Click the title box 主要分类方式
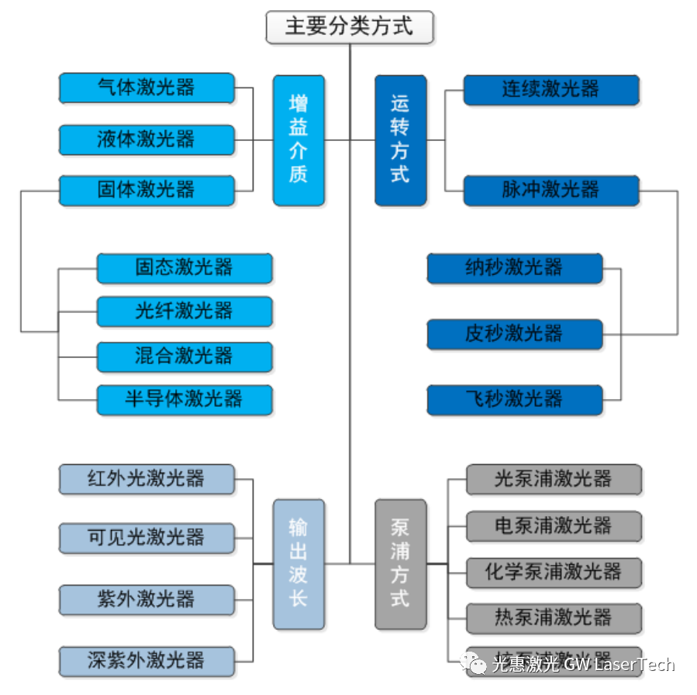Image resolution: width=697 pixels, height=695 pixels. [349, 27]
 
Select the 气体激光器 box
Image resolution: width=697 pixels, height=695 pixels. [147, 88]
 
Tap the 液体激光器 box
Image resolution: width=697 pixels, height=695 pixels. [147, 139]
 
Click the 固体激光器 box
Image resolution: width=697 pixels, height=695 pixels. [147, 190]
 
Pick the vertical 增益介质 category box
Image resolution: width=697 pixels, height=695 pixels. [298, 139]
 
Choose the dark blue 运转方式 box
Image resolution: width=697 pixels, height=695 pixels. [400, 139]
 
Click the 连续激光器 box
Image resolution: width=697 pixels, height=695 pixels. [551, 89]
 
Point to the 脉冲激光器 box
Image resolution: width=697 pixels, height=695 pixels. [551, 190]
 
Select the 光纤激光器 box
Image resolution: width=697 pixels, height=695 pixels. [185, 311]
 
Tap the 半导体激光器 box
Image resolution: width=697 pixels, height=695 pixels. [185, 400]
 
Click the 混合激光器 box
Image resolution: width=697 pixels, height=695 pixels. [185, 356]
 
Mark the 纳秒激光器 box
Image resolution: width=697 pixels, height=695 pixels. [515, 268]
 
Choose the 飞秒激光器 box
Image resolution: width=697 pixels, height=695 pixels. [515, 400]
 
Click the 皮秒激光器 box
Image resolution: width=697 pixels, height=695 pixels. [515, 334]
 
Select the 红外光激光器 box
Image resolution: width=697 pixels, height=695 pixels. [147, 479]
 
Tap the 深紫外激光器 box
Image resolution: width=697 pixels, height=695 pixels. [147, 661]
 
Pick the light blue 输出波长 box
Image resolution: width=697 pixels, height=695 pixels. [298, 563]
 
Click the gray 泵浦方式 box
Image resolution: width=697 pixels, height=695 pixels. [400, 563]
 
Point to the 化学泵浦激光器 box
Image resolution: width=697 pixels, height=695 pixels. [554, 573]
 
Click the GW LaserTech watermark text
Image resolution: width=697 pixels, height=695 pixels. [619, 665]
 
